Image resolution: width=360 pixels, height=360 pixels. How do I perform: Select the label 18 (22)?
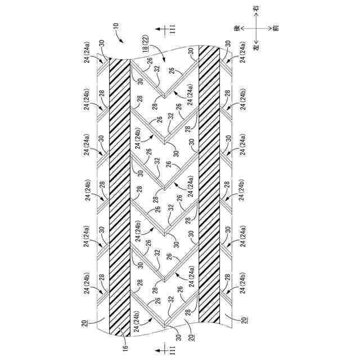click(x=146, y=44)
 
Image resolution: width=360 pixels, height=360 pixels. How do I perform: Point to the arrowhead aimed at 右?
click(x=256, y=16)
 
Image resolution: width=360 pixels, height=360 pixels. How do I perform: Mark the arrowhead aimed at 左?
click(x=256, y=41)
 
